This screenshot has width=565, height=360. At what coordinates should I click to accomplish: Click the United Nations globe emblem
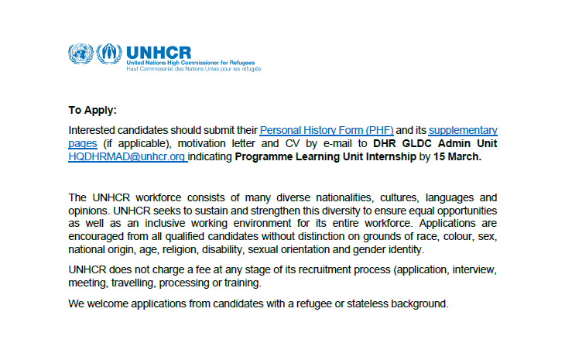point(80,54)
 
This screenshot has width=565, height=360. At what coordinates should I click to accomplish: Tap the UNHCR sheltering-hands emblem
point(108,54)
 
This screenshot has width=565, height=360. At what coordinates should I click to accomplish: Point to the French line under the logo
point(193,68)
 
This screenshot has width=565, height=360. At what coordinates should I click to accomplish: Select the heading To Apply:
point(92,110)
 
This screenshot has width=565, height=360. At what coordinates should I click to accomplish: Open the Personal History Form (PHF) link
point(327,130)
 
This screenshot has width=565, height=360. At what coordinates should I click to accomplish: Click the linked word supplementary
point(463,130)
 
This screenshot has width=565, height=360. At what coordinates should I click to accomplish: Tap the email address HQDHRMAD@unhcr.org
point(127,156)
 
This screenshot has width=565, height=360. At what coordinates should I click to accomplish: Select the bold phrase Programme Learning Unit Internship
point(325,156)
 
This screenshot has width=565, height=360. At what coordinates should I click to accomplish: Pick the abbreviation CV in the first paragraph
point(298,143)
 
